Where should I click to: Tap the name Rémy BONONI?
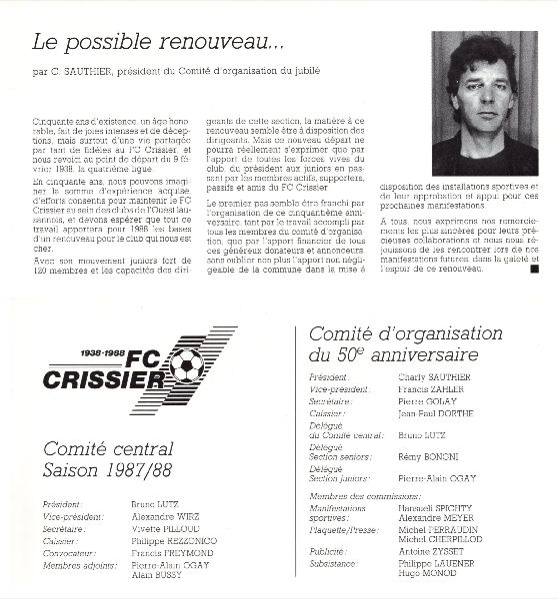(x=426, y=455)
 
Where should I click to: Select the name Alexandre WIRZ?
(x=165, y=518)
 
